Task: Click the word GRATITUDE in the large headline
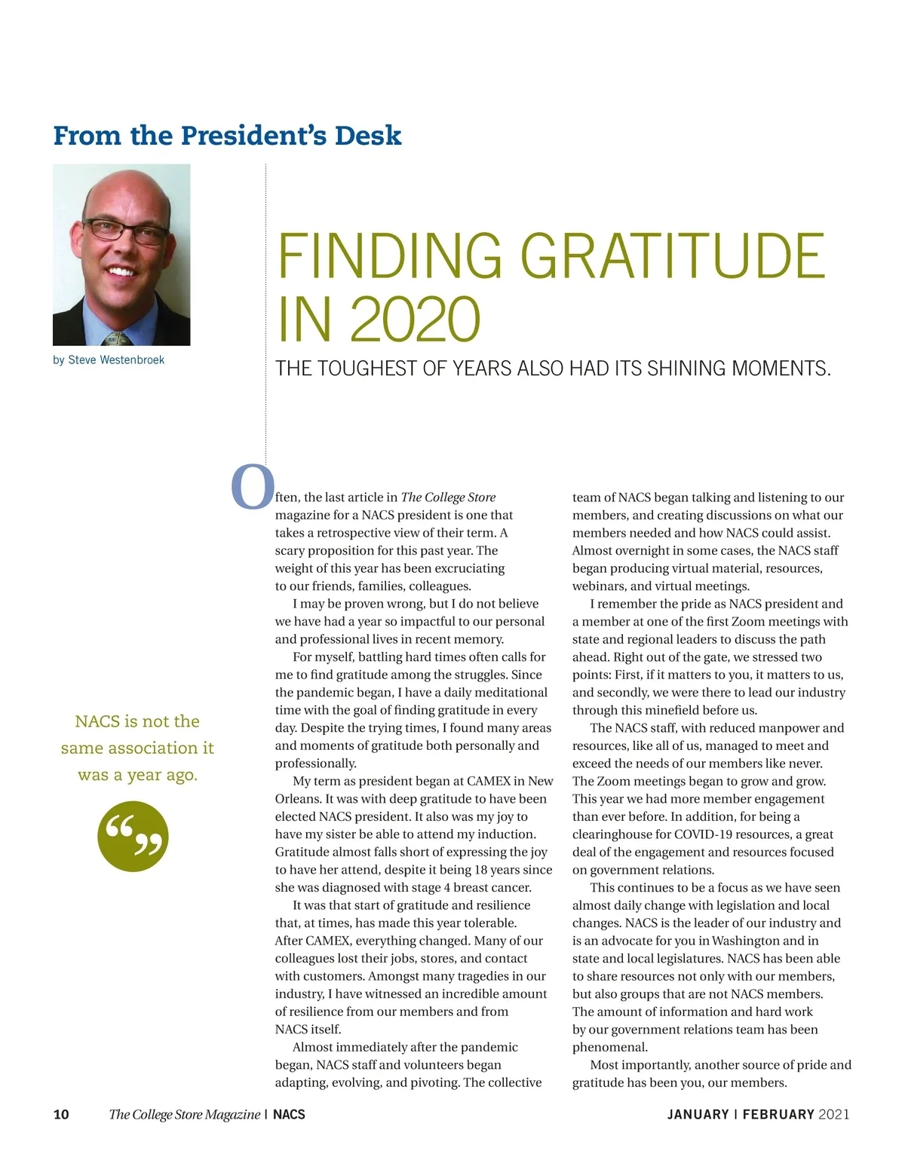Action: click(673, 256)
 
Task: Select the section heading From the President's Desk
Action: click(227, 136)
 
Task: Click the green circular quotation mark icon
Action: click(133, 837)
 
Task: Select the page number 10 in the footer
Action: click(61, 1114)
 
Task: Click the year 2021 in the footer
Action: click(834, 1114)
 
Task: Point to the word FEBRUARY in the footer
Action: click(778, 1114)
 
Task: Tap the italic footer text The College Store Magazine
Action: click(184, 1114)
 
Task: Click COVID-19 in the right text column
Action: click(705, 834)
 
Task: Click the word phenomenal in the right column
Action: click(609, 1047)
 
